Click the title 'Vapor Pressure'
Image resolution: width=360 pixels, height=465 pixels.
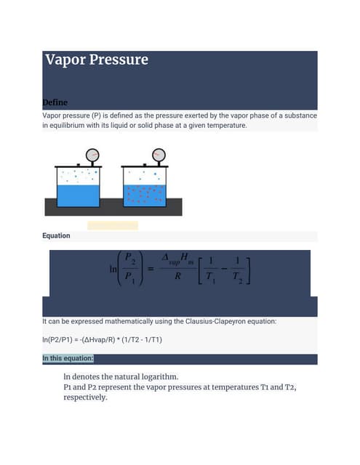click(x=96, y=60)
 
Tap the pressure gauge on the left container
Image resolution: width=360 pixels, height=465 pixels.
click(x=92, y=155)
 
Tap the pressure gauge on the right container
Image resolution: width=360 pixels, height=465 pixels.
click(x=159, y=155)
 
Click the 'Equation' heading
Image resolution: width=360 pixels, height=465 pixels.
click(x=56, y=235)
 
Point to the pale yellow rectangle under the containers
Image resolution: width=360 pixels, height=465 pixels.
click(x=113, y=225)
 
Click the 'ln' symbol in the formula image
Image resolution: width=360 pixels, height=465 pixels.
click(x=113, y=269)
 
